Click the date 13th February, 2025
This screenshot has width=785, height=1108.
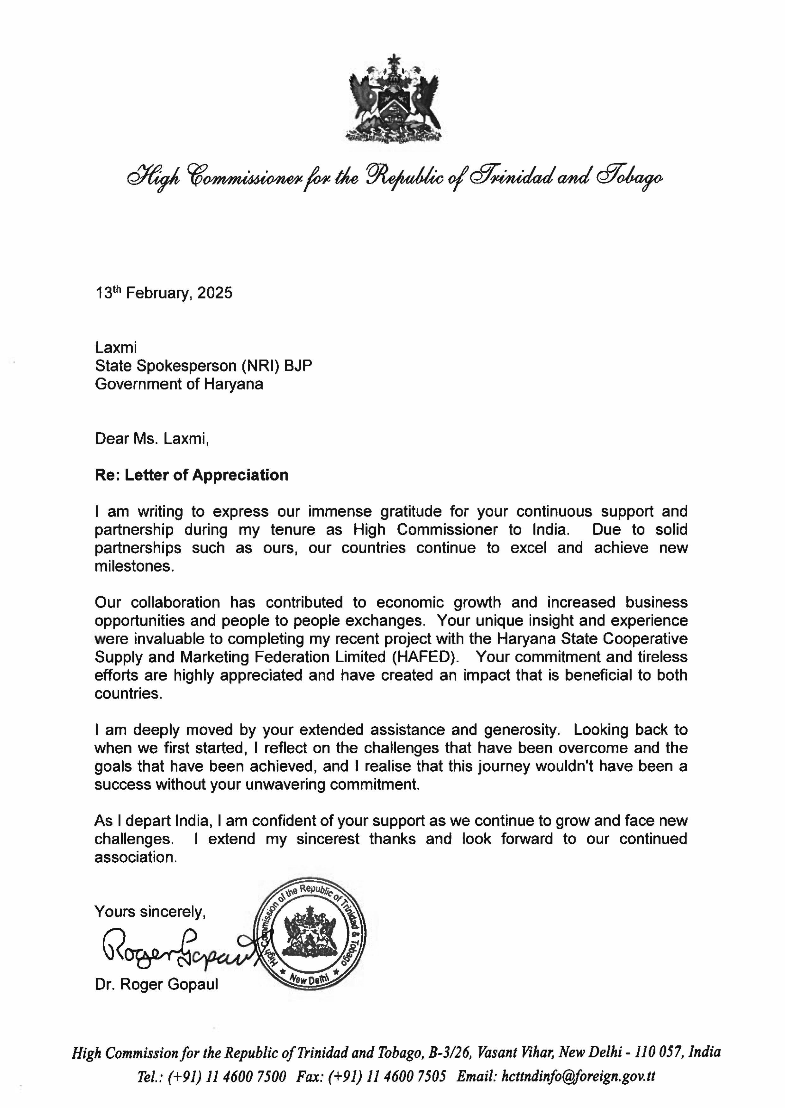click(163, 293)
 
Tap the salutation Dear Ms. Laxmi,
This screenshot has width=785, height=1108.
click(152, 439)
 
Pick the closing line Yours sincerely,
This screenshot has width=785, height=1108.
click(150, 911)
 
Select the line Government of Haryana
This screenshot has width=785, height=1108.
click(179, 384)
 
